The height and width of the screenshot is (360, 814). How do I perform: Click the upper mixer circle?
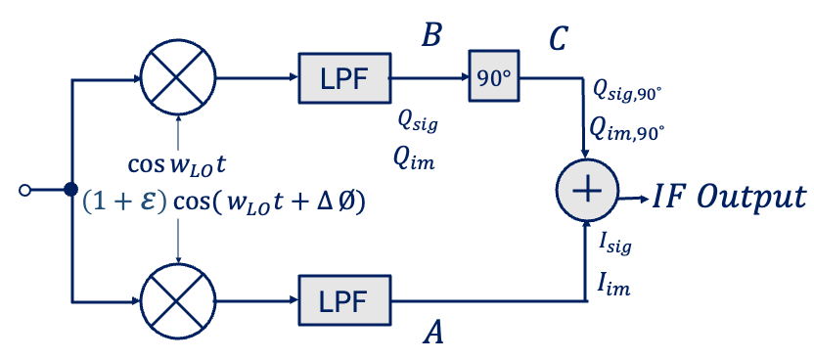click(177, 77)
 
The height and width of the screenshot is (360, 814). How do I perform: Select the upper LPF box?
click(344, 77)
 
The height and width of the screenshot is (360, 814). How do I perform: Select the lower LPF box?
click(344, 301)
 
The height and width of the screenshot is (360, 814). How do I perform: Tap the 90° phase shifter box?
click(494, 76)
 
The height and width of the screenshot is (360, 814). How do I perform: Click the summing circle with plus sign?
click(586, 190)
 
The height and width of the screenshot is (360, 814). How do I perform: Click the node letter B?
click(431, 36)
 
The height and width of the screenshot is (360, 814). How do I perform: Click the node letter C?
click(557, 39)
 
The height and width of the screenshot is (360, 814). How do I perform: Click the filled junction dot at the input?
click(71, 190)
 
